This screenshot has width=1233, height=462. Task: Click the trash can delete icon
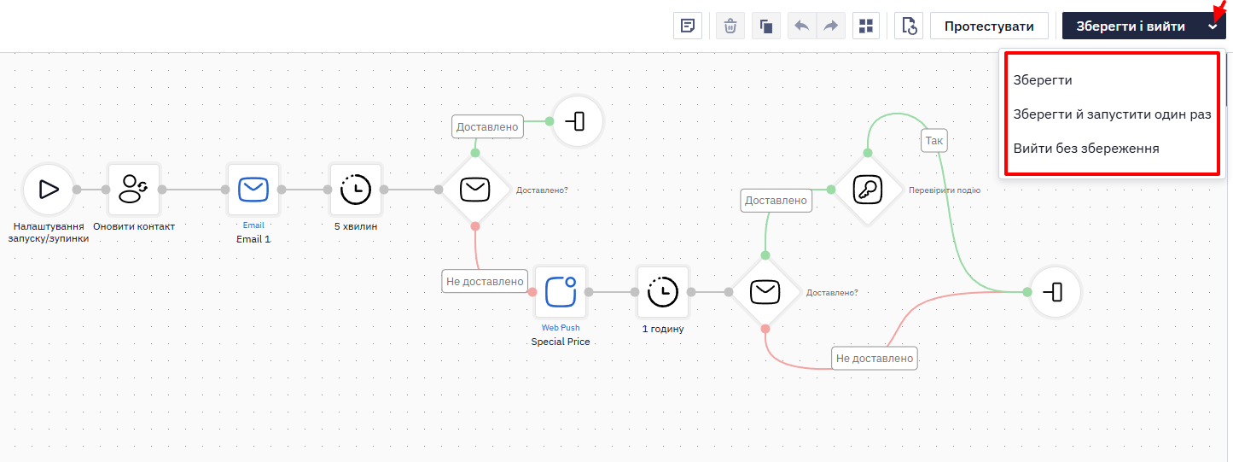(730, 26)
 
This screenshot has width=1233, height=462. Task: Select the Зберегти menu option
(1043, 80)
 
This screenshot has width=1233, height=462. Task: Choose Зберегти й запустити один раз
(1112, 114)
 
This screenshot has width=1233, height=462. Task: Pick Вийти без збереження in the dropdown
(1086, 149)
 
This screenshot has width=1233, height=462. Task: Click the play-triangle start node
(49, 190)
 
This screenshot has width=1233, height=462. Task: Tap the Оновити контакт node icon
(134, 190)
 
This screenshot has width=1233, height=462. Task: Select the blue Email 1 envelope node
(253, 190)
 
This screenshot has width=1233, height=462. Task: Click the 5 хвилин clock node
(356, 190)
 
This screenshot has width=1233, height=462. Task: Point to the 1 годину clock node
(663, 292)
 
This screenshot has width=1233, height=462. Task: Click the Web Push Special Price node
(561, 292)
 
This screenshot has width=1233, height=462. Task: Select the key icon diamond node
(868, 190)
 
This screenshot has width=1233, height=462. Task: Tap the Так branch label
(934, 140)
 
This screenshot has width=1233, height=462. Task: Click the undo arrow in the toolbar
(801, 26)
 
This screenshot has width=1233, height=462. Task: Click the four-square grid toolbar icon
(866, 26)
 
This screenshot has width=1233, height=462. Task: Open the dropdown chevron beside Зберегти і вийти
(1213, 26)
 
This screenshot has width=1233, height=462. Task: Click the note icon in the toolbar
(688, 26)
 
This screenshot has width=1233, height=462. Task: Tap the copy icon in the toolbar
(766, 26)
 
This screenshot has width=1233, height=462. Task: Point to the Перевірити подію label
(945, 190)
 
